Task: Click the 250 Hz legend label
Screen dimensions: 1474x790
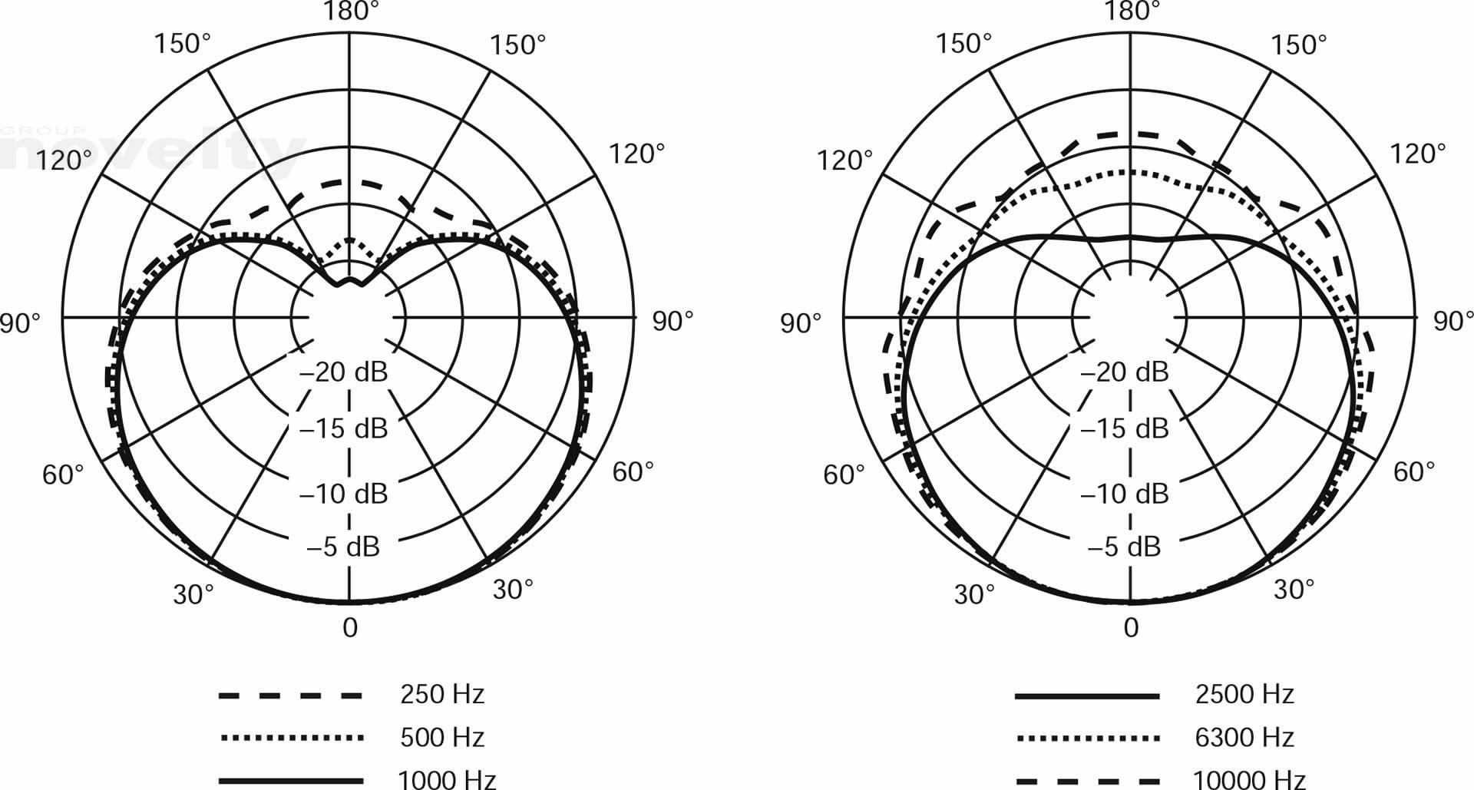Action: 442,694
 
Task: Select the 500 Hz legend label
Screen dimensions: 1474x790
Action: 442,737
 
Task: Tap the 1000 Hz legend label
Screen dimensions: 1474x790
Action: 447,779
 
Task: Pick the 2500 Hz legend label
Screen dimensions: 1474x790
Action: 1244,694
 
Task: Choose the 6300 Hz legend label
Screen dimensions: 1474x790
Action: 1244,737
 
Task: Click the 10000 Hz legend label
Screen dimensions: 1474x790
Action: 1249,779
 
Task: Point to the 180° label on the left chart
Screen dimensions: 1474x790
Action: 350,11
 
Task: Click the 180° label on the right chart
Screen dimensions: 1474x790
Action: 1132,11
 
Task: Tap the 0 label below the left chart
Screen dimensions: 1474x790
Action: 350,628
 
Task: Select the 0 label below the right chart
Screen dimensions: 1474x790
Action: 1131,628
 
